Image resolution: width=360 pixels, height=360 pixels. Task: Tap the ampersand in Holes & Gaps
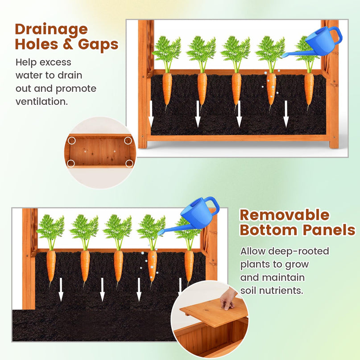click(68, 44)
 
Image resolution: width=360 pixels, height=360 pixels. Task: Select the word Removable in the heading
click(285, 215)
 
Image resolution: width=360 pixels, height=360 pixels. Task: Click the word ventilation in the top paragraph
click(41, 101)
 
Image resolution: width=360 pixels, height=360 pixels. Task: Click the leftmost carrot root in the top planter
click(167, 91)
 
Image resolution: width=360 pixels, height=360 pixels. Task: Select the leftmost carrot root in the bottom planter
click(51, 268)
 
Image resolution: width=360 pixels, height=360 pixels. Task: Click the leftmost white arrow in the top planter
click(151, 114)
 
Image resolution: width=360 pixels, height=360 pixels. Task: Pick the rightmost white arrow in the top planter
click(286, 114)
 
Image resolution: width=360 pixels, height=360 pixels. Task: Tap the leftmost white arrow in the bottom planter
click(61, 290)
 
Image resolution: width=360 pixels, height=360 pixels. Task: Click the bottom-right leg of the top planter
click(334, 144)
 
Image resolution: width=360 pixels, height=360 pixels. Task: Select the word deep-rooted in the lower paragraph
click(298, 251)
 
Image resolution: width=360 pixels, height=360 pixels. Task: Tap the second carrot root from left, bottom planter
click(85, 268)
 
